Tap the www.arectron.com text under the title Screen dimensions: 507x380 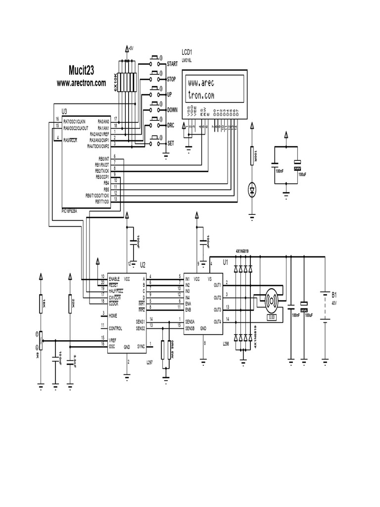[81, 83]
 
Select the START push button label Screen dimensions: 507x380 [172, 64]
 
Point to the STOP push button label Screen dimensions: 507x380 [171, 79]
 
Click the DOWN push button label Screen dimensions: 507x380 [172, 109]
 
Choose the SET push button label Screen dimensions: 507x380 [170, 143]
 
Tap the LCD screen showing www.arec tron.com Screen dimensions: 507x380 [214, 89]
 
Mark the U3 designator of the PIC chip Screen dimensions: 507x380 [64, 111]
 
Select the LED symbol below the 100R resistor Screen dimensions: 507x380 [252, 188]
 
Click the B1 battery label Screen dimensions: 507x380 [333, 294]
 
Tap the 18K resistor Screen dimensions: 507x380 [42, 303]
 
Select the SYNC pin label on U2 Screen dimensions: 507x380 [141, 347]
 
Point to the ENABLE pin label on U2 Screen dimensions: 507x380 [115, 279]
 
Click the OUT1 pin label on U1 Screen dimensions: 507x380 [217, 285]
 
